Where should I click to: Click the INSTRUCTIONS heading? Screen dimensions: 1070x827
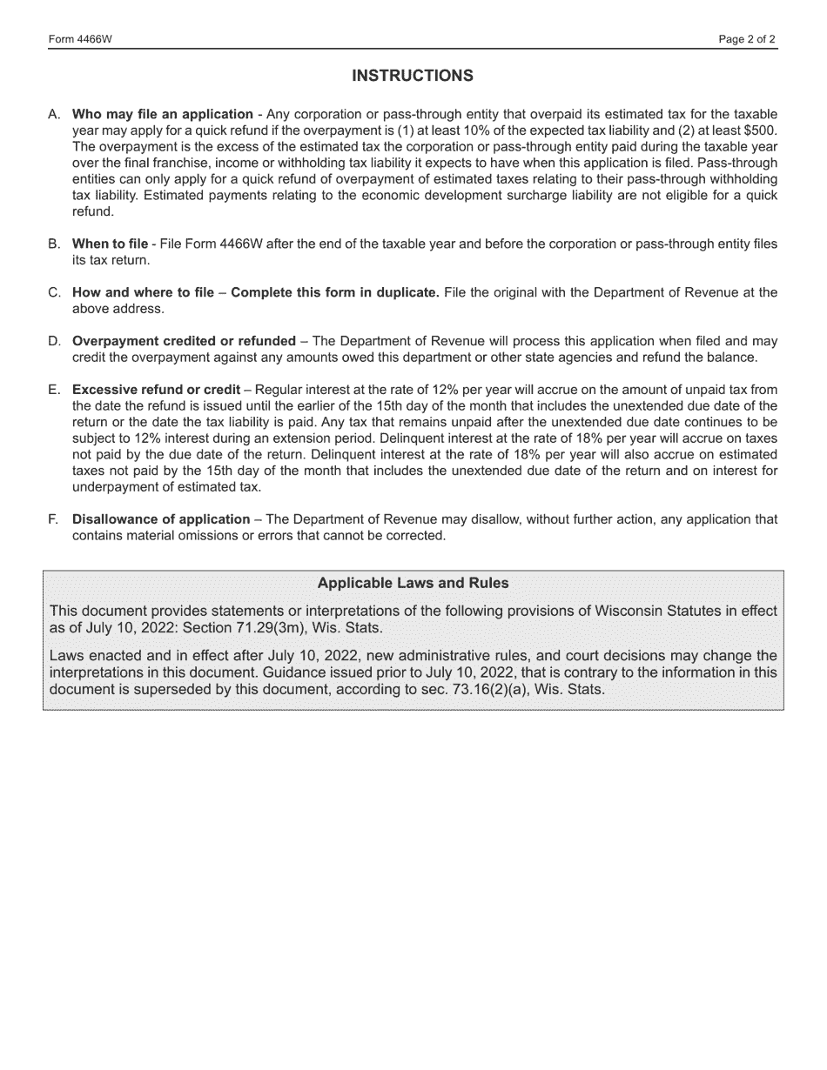point(413,76)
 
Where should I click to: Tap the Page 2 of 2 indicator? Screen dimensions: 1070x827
point(747,40)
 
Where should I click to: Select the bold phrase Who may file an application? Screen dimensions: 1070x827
point(163,114)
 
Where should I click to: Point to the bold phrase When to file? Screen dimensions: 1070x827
point(110,244)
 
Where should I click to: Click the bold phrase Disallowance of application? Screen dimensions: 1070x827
point(161,519)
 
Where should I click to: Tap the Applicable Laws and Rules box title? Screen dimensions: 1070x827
point(413,583)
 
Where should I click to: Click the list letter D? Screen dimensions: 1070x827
point(54,341)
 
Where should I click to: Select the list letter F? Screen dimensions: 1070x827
point(54,519)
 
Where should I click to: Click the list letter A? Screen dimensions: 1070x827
point(54,114)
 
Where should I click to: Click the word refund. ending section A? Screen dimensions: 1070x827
point(92,211)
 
